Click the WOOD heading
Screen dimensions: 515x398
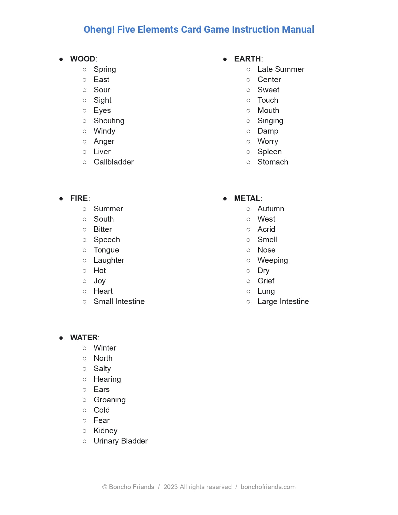(83, 59)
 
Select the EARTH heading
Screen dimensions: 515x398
(248, 59)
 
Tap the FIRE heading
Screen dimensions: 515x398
(79, 199)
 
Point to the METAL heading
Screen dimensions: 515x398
(247, 199)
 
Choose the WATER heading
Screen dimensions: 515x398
(84, 338)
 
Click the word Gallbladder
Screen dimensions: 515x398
(114, 162)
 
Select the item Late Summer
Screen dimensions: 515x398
(281, 69)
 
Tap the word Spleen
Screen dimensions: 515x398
(269, 152)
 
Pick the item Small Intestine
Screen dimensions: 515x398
(119, 302)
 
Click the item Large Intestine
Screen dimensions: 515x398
(283, 302)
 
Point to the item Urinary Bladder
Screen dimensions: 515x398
(120, 441)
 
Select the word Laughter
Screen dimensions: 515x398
(109, 260)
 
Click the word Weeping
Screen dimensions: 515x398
(273, 260)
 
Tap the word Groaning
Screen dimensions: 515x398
(110, 400)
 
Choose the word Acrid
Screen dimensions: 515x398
(266, 229)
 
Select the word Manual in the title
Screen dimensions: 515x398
(298, 30)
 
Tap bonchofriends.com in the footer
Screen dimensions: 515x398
(268, 487)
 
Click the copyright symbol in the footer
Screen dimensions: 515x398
(105, 487)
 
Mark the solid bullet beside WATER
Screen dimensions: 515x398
(61, 338)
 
